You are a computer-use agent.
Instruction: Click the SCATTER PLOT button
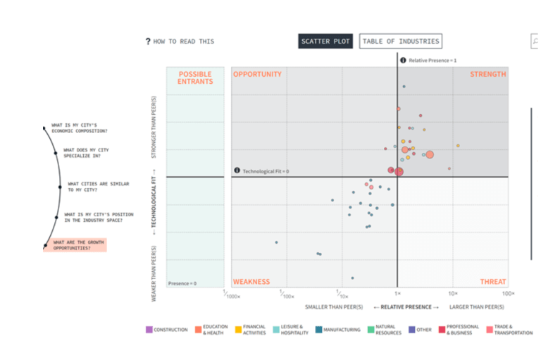(x=325, y=42)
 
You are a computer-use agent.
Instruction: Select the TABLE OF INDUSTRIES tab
(x=400, y=42)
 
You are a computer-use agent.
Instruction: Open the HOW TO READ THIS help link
(x=180, y=42)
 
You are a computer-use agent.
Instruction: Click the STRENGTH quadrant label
(x=487, y=75)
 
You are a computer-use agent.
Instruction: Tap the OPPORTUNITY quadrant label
(x=257, y=75)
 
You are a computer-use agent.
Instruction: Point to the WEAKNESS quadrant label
(x=251, y=282)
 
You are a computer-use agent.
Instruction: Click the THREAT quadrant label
(x=492, y=282)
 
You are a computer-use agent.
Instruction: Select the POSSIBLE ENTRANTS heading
(x=195, y=78)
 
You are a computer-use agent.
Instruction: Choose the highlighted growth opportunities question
(x=74, y=245)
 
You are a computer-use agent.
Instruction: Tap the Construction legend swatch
(x=149, y=330)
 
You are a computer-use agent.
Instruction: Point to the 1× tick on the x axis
(x=397, y=293)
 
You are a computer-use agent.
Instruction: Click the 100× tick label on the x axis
(x=508, y=293)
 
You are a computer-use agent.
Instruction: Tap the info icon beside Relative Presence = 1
(x=403, y=61)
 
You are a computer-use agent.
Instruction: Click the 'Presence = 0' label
(x=182, y=283)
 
